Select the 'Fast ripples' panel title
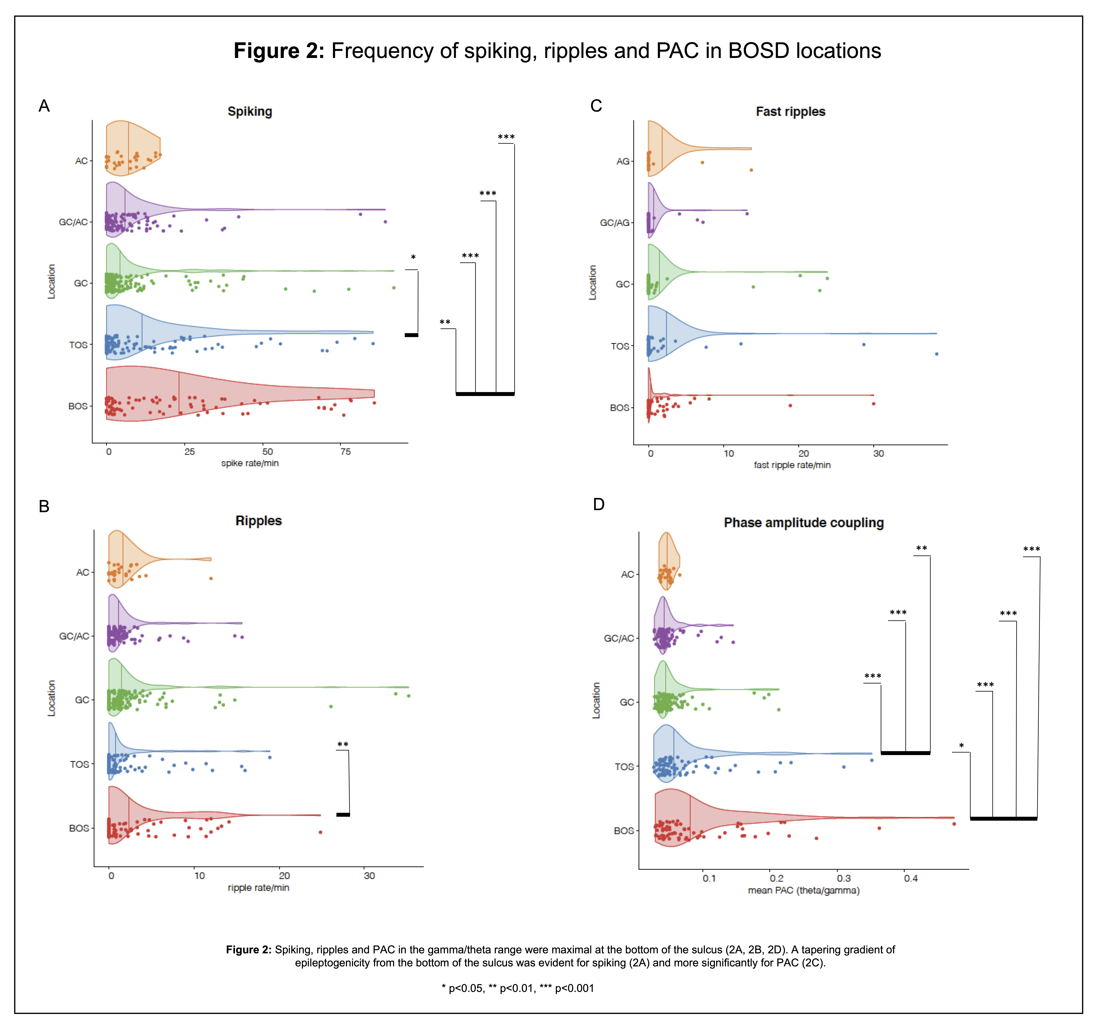790,112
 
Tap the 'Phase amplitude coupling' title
804,522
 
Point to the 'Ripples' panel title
258,521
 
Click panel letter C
596,106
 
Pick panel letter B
44,506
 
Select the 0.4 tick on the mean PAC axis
911,878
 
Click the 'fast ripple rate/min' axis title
792,465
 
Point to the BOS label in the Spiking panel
78,406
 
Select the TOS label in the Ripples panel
79,765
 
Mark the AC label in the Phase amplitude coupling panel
627,574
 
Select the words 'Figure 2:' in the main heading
279,51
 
